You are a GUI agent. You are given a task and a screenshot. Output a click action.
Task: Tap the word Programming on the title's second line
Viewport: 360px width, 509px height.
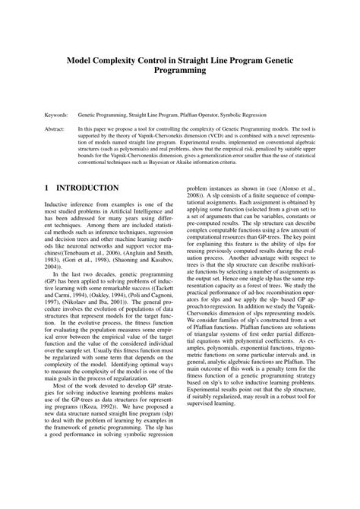pos(180,70)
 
